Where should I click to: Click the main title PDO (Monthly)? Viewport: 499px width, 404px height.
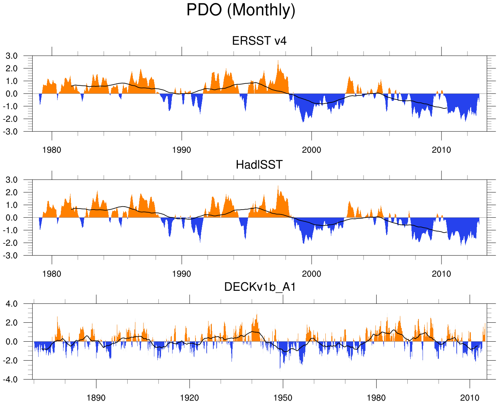[241, 10]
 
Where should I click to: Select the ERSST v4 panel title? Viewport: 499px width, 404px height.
[259, 40]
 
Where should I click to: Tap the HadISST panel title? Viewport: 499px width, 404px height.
[259, 164]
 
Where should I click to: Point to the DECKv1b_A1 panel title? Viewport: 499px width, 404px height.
[260, 287]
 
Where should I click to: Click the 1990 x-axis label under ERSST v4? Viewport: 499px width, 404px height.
[181, 150]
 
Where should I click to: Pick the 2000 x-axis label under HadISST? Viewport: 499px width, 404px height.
[311, 274]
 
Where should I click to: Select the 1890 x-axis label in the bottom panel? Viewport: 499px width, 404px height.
[96, 398]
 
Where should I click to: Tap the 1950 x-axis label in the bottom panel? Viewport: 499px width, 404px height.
[283, 398]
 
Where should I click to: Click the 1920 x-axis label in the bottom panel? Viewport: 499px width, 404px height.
[190, 398]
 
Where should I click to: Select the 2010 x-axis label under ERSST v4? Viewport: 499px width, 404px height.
[441, 150]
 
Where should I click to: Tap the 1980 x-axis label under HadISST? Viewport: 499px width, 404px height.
[52, 274]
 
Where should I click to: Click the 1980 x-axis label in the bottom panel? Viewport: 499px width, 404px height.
[376, 398]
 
